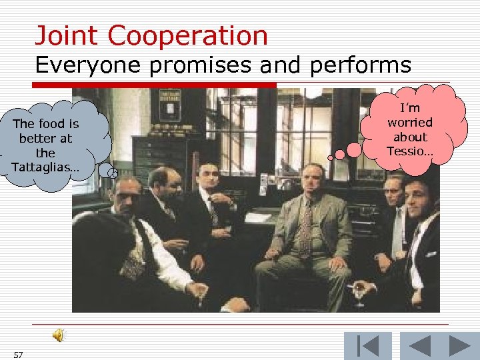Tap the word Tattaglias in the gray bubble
pyautogui.click(x=44, y=167)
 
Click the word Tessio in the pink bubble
pyautogui.click(x=409, y=151)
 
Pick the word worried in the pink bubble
pyautogui.click(x=410, y=122)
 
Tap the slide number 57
pyautogui.click(x=17, y=354)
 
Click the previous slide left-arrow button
pyautogui.click(x=419, y=346)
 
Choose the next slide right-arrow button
pyautogui.click(x=460, y=346)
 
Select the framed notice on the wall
pyautogui.click(x=169, y=104)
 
